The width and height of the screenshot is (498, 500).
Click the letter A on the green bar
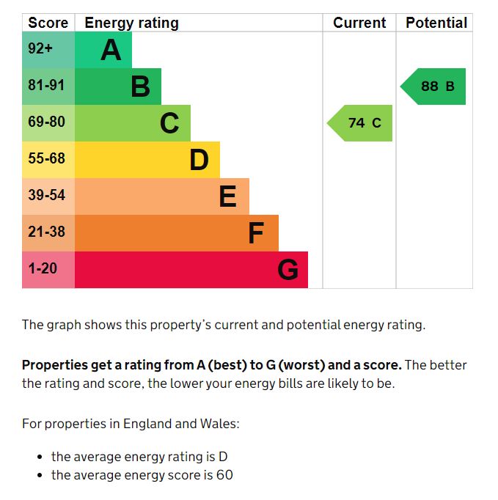(111, 50)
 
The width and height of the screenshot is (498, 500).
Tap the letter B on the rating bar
(140, 87)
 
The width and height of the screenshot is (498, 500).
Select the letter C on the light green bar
(169, 123)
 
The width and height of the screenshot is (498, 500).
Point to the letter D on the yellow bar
(199, 160)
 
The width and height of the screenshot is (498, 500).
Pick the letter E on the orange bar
(228, 196)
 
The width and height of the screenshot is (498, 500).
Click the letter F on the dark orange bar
(256, 233)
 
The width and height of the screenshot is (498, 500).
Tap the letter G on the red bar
(288, 270)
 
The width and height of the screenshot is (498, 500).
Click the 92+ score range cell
(40, 50)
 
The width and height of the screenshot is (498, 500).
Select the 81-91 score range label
(46, 86)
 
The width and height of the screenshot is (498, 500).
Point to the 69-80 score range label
(46, 122)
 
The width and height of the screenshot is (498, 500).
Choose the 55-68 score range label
(46, 159)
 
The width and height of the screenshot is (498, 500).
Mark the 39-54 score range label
(46, 196)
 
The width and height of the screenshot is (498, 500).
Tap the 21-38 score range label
(46, 232)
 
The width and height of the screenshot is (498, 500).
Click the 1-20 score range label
(43, 269)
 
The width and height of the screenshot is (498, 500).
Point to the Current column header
(359, 23)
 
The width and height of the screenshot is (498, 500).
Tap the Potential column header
(436, 23)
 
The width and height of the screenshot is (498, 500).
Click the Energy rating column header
(131, 23)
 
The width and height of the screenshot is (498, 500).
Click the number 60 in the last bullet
(224, 475)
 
